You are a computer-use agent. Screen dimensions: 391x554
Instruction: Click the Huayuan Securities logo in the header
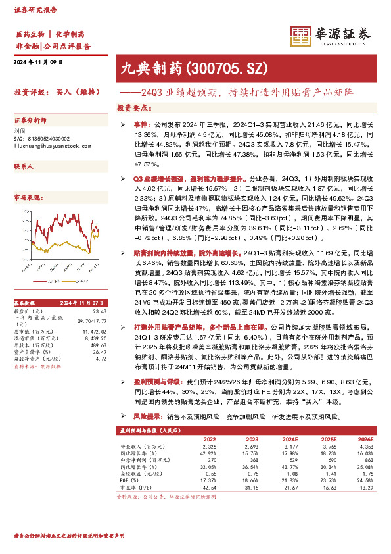[x=328, y=35]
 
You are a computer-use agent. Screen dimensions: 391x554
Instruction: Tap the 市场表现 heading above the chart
[x=27, y=196]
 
